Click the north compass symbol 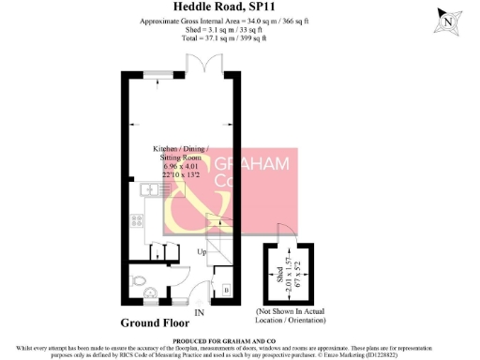coord(451,21)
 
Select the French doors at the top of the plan coord(203,66)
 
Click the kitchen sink coord(151,189)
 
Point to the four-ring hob coord(138,223)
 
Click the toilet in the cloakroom coord(138,281)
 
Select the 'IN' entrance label coord(198,312)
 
